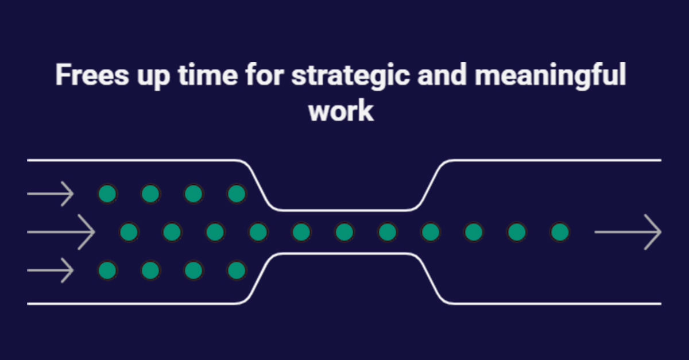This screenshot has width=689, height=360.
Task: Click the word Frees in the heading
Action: pos(92,75)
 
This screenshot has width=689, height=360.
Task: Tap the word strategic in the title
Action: pos(351,76)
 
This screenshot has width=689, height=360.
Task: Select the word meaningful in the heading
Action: pos(550,76)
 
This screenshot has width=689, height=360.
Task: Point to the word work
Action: pos(341,111)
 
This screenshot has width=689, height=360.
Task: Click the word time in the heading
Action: pos(208,75)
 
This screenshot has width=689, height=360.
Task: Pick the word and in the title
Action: pos(442,75)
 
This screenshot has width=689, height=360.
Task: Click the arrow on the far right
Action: pos(628,232)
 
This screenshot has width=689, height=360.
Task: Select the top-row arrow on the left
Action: pos(51,194)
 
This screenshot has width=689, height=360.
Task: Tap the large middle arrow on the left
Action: pos(61,232)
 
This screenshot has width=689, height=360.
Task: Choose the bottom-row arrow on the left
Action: pos(51,270)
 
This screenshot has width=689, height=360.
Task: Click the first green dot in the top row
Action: pos(107,194)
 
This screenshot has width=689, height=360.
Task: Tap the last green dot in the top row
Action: pos(237,194)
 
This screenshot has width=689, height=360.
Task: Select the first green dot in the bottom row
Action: pos(107,270)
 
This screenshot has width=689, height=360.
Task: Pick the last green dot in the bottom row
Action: pos(237,270)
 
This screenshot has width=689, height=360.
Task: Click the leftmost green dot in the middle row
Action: pos(129,232)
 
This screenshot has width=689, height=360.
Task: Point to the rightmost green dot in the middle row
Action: pos(560,232)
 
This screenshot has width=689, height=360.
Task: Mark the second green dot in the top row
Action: pos(150,194)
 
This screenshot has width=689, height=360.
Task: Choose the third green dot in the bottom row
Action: pos(193,270)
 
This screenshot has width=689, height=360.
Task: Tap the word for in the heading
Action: pos(265,75)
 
